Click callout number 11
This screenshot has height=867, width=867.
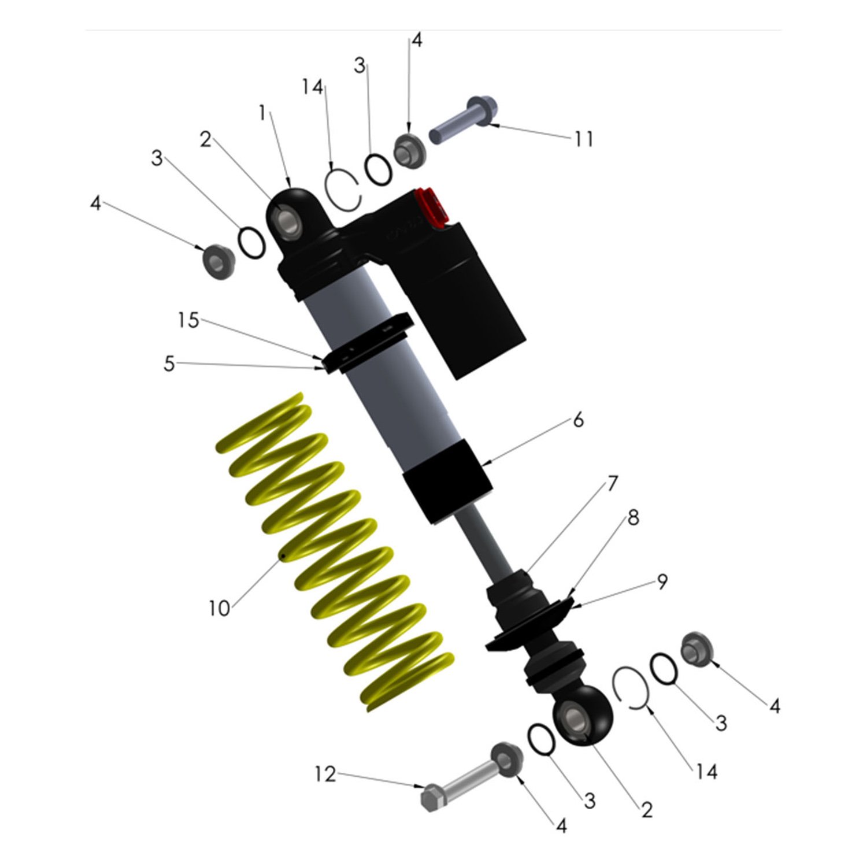[584, 139]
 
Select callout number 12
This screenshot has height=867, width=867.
[325, 774]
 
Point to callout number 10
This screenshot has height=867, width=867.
[219, 608]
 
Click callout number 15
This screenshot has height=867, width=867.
[188, 320]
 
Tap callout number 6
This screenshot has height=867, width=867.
[578, 420]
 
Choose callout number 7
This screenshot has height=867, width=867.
[612, 483]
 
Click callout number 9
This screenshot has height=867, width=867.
[662, 581]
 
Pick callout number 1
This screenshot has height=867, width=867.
[262, 113]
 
